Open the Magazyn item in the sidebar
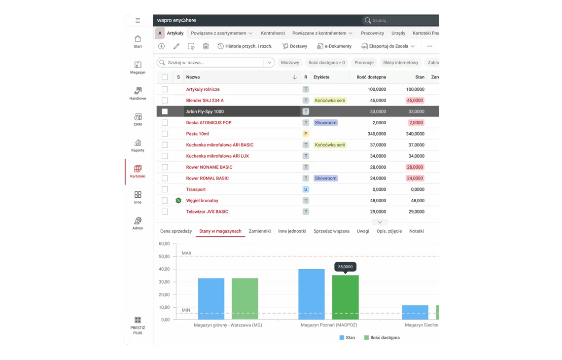138,68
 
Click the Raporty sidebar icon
138,143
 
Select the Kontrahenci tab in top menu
273,33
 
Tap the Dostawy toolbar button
295,46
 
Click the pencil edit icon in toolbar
176,46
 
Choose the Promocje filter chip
364,63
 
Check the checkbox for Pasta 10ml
165,134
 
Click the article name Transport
196,189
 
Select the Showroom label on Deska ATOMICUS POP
325,123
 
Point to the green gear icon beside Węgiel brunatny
178,200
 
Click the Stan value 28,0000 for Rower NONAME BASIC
415,167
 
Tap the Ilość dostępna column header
371,77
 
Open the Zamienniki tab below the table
259,231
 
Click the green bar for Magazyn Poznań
345,297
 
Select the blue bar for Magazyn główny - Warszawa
211,299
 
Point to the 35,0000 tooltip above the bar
345,267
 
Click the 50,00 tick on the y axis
164,256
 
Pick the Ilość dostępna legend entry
382,337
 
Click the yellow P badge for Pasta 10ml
305,134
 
